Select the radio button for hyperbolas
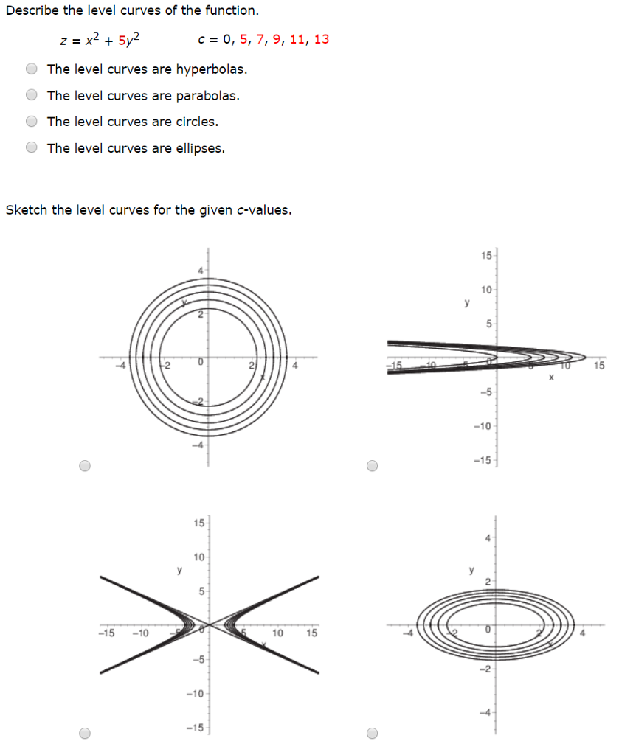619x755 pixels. coord(32,69)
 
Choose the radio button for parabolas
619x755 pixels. coord(32,95)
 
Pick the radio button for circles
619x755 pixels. coord(32,122)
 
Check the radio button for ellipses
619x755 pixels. coord(32,147)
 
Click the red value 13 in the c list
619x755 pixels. coord(322,39)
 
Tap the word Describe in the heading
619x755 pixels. coord(30,10)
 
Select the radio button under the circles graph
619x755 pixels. coord(86,465)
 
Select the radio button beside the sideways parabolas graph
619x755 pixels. coord(373,465)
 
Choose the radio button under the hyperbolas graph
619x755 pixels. coord(86,733)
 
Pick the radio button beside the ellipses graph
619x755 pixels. coord(373,733)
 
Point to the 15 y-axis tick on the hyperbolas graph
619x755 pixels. coord(198,523)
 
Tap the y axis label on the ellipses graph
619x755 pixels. coord(471,570)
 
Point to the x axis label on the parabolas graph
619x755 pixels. coord(551,377)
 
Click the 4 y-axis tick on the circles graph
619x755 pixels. coord(200,270)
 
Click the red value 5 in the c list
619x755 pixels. coord(244,39)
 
